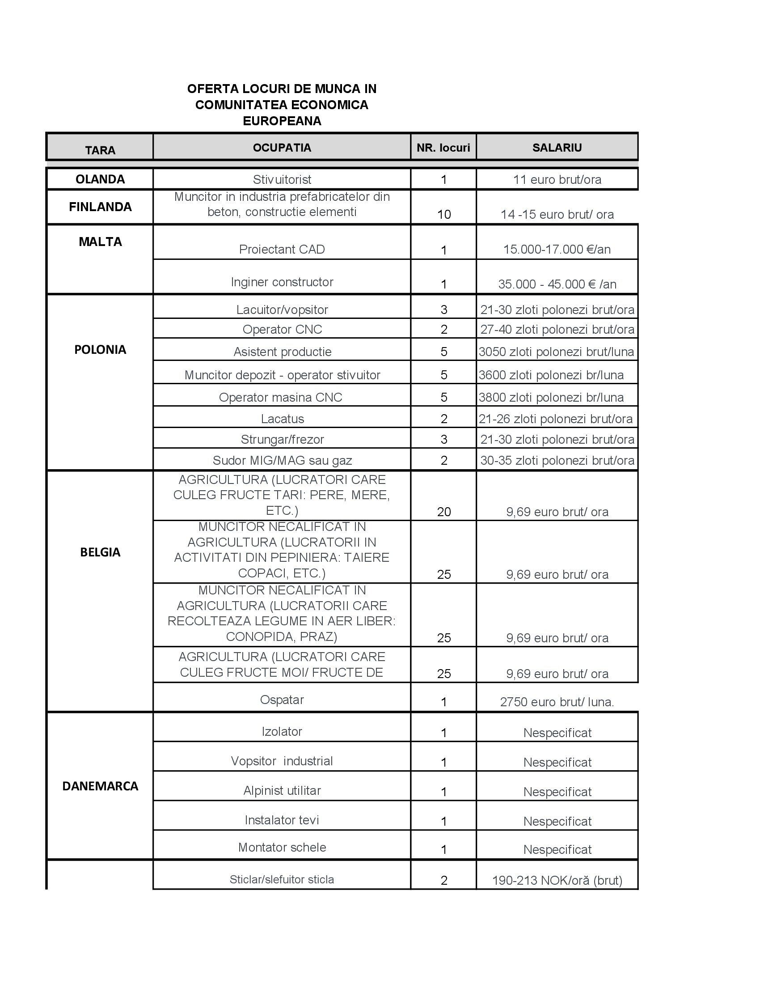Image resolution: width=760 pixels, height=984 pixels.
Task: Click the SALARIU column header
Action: click(557, 148)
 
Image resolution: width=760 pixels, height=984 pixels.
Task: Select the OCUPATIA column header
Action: click(282, 148)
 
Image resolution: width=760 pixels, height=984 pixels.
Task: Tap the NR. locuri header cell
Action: click(443, 148)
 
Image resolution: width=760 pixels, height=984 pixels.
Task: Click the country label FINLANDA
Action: click(100, 207)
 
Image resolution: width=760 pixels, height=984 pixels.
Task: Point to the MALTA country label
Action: click(100, 242)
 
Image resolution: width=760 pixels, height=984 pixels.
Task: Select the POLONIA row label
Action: click(100, 350)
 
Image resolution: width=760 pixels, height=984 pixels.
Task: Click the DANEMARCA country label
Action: click(100, 786)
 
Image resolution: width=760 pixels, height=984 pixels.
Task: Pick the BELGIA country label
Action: click(100, 552)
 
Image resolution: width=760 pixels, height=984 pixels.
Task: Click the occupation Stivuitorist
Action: click(282, 180)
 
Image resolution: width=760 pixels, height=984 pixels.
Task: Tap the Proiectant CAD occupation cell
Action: click(282, 250)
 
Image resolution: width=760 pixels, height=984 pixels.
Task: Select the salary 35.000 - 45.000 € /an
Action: click(557, 284)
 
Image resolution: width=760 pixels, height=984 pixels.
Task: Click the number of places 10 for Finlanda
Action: click(444, 214)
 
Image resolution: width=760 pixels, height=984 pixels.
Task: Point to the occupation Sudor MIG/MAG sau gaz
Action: click(282, 460)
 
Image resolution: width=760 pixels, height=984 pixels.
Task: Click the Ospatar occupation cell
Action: click(282, 700)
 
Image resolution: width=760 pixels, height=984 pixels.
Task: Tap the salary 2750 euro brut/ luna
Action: click(557, 702)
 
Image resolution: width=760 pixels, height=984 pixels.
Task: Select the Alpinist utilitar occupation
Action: click(282, 791)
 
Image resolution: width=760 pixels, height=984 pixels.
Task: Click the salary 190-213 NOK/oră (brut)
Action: click(557, 880)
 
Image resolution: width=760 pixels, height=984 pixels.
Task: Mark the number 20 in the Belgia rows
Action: click(444, 512)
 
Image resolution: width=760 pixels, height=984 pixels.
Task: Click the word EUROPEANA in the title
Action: click(282, 121)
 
